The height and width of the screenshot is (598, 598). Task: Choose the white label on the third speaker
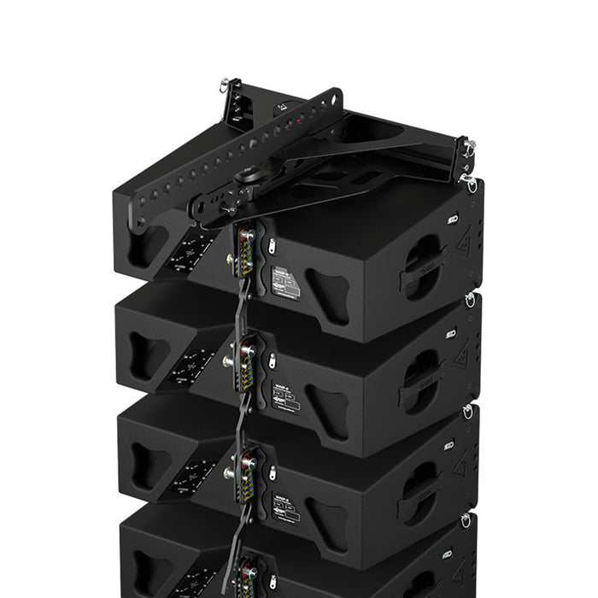pos(285,507)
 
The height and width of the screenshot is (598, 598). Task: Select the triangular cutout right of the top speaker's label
pos(329,296)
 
